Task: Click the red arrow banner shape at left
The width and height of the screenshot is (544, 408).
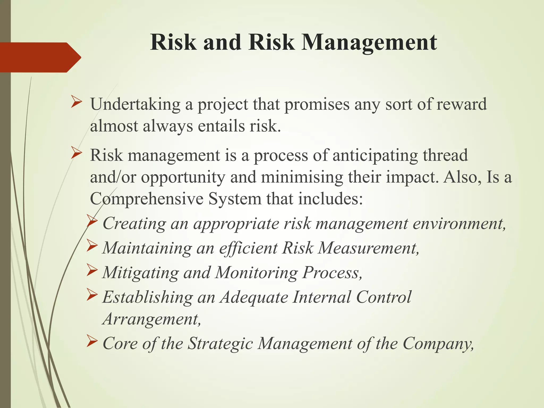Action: click(x=40, y=57)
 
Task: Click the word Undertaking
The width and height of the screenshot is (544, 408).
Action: click(x=135, y=104)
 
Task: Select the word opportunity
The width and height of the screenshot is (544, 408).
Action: click(x=183, y=177)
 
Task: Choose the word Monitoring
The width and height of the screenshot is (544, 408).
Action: click(x=256, y=273)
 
